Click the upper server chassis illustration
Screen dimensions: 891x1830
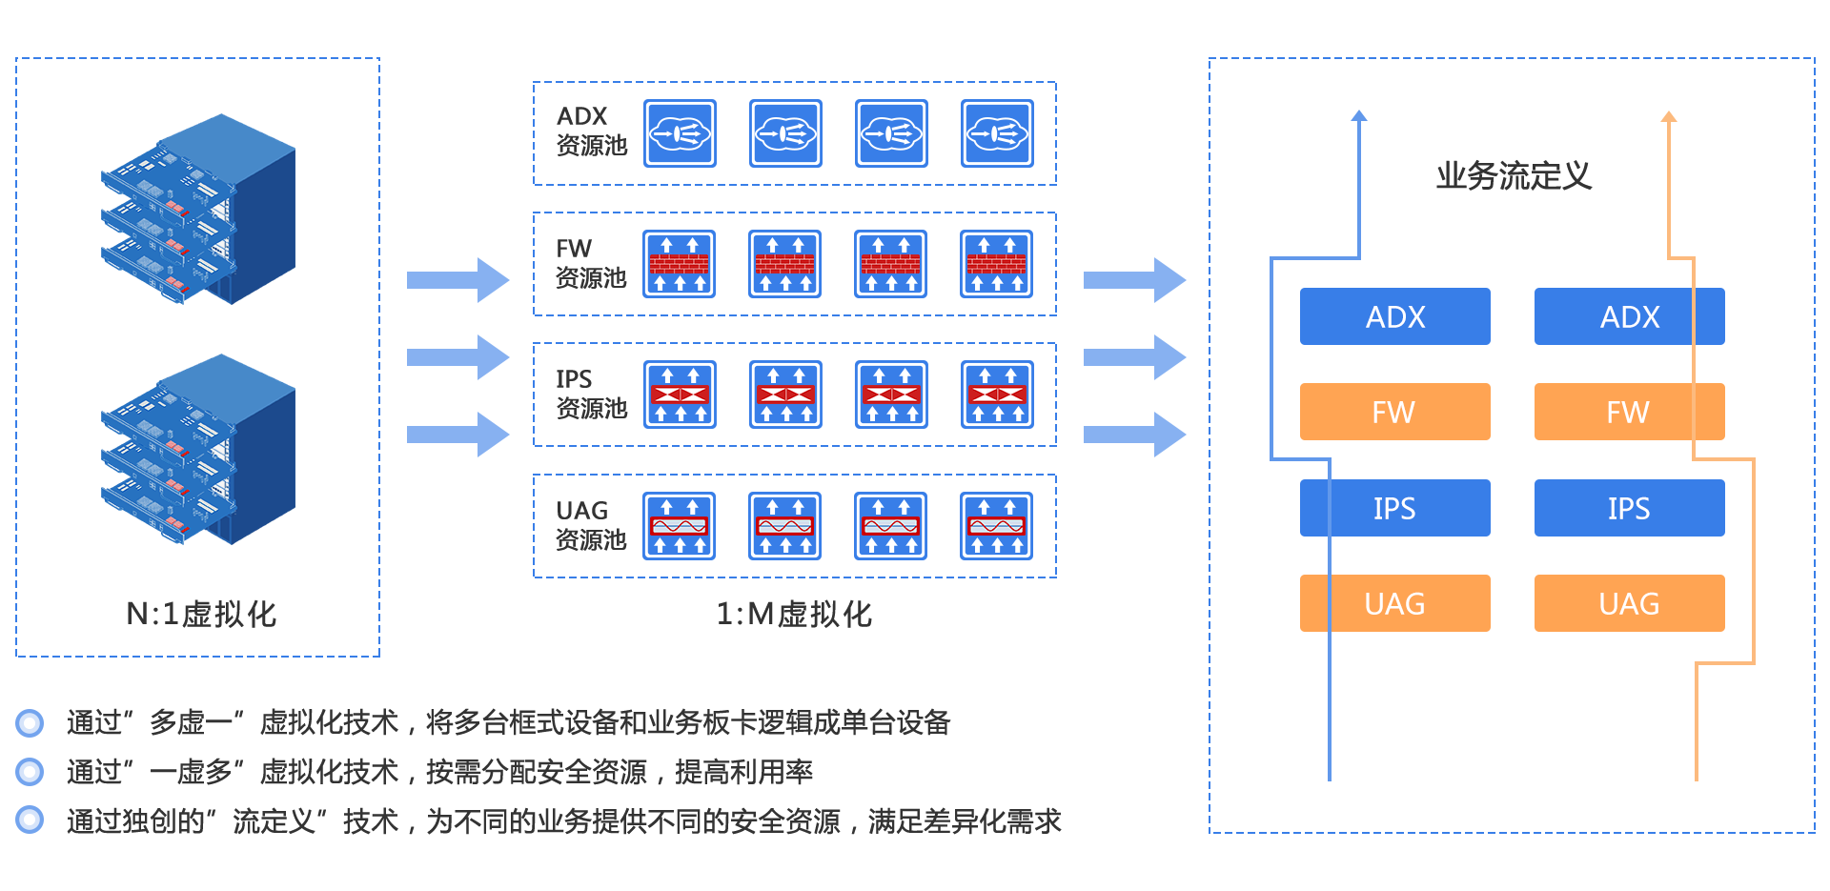[x=198, y=209]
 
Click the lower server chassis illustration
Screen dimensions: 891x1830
[x=198, y=449]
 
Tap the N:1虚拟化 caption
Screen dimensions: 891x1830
[x=200, y=614]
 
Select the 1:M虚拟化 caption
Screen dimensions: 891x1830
[x=794, y=614]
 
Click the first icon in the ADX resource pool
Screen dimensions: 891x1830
[x=680, y=133]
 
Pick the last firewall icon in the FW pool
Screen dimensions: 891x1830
[x=996, y=264]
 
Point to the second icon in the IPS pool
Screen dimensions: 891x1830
[x=785, y=395]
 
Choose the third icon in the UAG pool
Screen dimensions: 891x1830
[x=890, y=525]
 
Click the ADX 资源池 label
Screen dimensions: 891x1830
[x=591, y=132]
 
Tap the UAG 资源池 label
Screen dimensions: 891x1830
[x=591, y=525]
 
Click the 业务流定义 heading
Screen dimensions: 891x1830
[x=1514, y=175]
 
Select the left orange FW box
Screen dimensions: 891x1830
[x=1395, y=412]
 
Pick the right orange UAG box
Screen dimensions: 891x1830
[x=1628, y=603]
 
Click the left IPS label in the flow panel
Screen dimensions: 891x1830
[x=1394, y=508]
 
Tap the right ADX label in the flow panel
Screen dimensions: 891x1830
[x=1630, y=316]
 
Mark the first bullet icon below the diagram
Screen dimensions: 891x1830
[x=30, y=723]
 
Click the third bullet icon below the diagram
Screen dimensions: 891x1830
[x=30, y=819]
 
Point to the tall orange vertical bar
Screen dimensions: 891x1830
[x=1711, y=686]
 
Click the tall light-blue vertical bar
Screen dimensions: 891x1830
[x=1314, y=686]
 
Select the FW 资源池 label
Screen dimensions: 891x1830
[x=591, y=264]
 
